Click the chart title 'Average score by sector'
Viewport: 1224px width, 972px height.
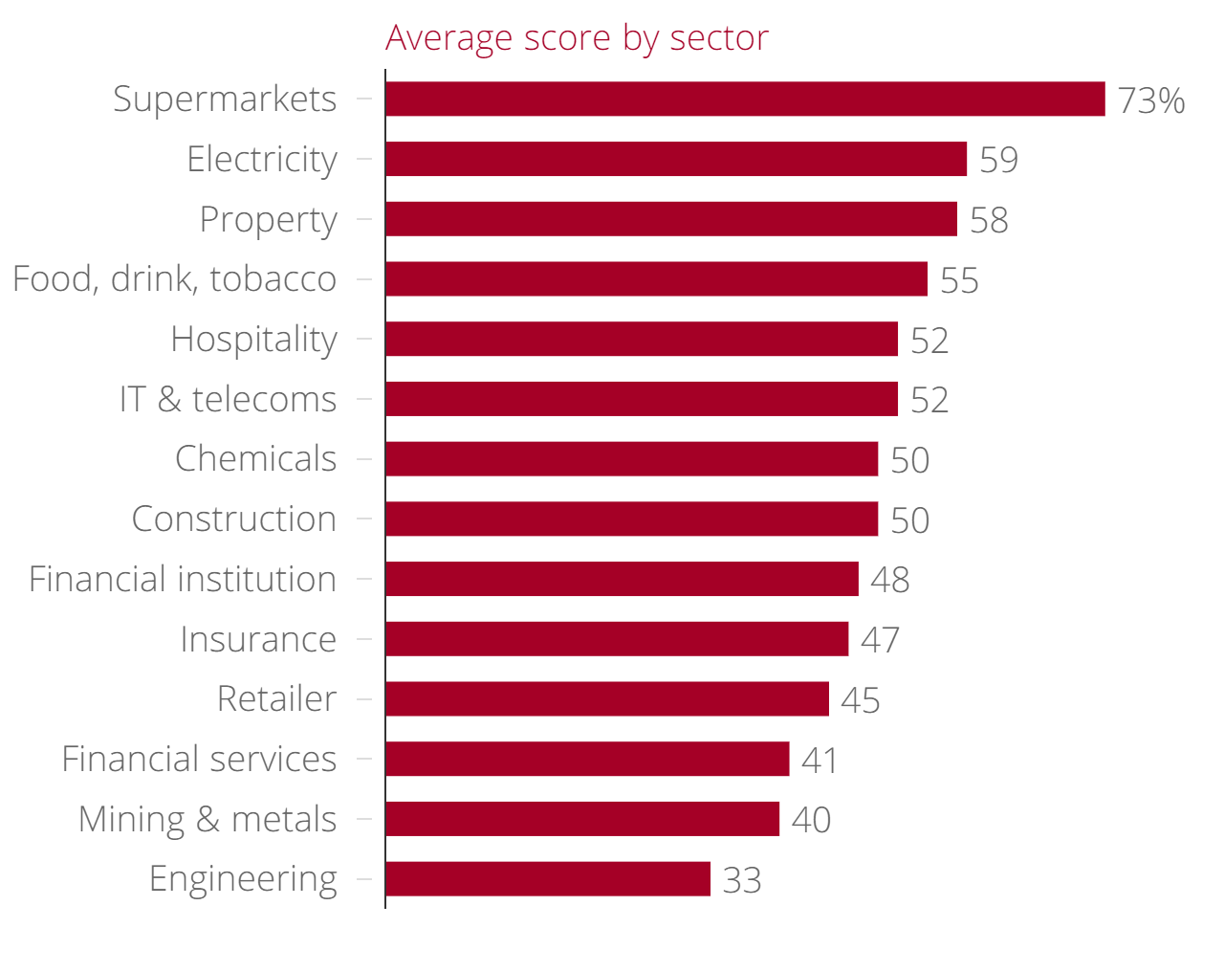click(577, 38)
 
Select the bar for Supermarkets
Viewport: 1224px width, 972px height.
click(745, 99)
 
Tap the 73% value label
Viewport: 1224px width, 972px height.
click(1150, 100)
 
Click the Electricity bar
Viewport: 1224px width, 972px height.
click(676, 159)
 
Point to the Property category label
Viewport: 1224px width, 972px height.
click(268, 220)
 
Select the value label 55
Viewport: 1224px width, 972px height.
click(959, 280)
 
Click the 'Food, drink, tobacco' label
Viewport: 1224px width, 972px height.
click(174, 279)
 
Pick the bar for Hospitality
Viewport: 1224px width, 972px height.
click(642, 339)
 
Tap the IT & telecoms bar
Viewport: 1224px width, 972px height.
click(642, 399)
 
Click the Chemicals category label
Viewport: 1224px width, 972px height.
click(255, 459)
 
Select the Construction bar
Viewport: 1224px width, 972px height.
click(632, 519)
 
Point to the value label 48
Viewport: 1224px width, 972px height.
click(889, 580)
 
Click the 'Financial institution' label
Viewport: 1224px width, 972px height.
click(182, 580)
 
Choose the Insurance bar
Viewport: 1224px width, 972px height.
click(617, 639)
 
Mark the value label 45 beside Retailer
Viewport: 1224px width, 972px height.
click(860, 700)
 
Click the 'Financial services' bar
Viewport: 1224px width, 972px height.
click(587, 759)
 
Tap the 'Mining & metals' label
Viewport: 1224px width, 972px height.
click(208, 820)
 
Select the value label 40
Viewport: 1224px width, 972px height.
click(811, 820)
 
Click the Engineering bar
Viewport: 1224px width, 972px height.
click(548, 879)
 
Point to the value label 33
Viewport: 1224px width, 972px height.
click(741, 880)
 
